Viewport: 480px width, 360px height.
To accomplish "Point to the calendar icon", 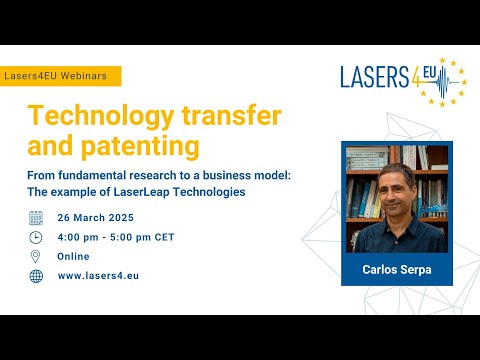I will (36, 217).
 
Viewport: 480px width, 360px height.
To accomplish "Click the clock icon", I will (36, 237).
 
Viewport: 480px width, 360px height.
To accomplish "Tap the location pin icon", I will (36, 256).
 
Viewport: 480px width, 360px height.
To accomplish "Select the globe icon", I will (36, 276).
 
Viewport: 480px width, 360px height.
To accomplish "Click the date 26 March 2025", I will (96, 218).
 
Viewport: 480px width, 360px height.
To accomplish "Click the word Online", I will (74, 257).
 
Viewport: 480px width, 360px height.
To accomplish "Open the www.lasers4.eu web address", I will (97, 276).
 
